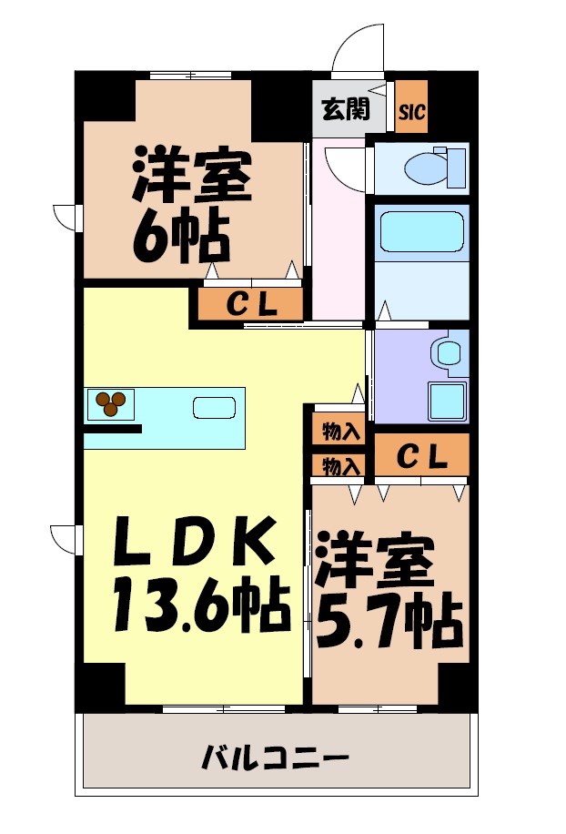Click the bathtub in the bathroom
[420, 231]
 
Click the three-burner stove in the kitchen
[112, 402]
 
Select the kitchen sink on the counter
[215, 406]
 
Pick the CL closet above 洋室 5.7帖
[422, 456]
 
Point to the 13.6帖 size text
[201, 605]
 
